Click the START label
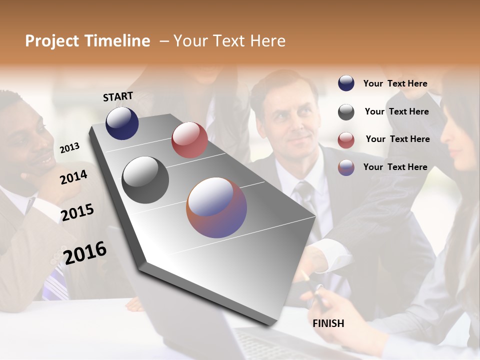pyautogui.click(x=118, y=96)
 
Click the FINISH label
pyautogui.click(x=328, y=323)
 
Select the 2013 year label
pyautogui.click(x=69, y=147)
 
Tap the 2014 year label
pyautogui.click(x=73, y=177)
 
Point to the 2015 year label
pyautogui.click(x=77, y=212)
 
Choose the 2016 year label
pyautogui.click(x=85, y=252)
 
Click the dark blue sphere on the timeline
pyautogui.click(x=122, y=123)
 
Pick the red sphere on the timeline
pyautogui.click(x=189, y=140)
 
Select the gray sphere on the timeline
pyautogui.click(x=145, y=179)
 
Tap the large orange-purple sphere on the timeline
pyautogui.click(x=216, y=207)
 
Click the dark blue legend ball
pyautogui.click(x=346, y=83)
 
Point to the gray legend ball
pyautogui.click(x=346, y=112)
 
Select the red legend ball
pyautogui.click(x=346, y=140)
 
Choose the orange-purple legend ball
pyautogui.click(x=346, y=167)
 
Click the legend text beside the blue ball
pyautogui.click(x=395, y=83)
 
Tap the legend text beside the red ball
pyautogui.click(x=397, y=139)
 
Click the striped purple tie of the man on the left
pyautogui.click(x=55, y=282)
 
